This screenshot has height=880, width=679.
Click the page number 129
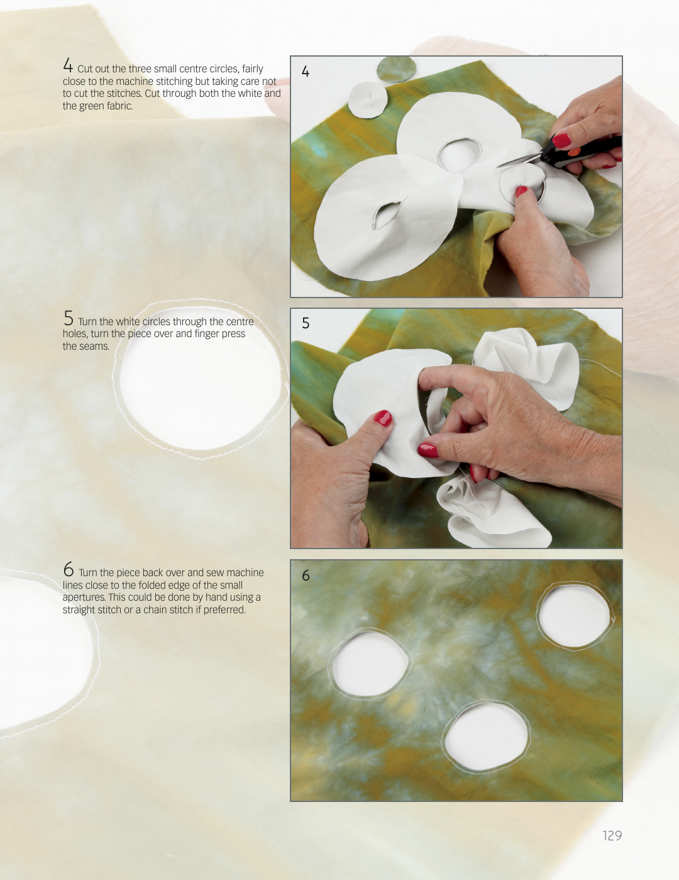click(x=612, y=835)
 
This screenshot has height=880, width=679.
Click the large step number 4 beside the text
click(x=68, y=65)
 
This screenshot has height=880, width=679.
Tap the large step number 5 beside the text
click(x=69, y=318)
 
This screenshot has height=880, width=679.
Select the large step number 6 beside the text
click(x=69, y=569)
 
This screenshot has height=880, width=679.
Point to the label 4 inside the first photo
click(x=306, y=72)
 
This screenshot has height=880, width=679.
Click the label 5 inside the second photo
click(x=306, y=323)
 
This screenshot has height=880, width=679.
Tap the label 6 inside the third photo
click(x=306, y=575)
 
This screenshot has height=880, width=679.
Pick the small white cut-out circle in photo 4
click(x=368, y=99)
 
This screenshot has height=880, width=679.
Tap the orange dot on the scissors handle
click(x=573, y=152)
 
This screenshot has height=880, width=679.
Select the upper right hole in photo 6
click(x=575, y=616)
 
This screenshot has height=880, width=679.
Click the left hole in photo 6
click(x=370, y=664)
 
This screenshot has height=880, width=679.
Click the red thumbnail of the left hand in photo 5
click(x=383, y=418)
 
